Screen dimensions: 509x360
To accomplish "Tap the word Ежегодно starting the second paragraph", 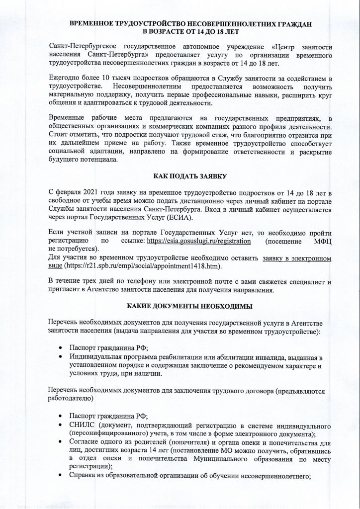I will tap(66, 80).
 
